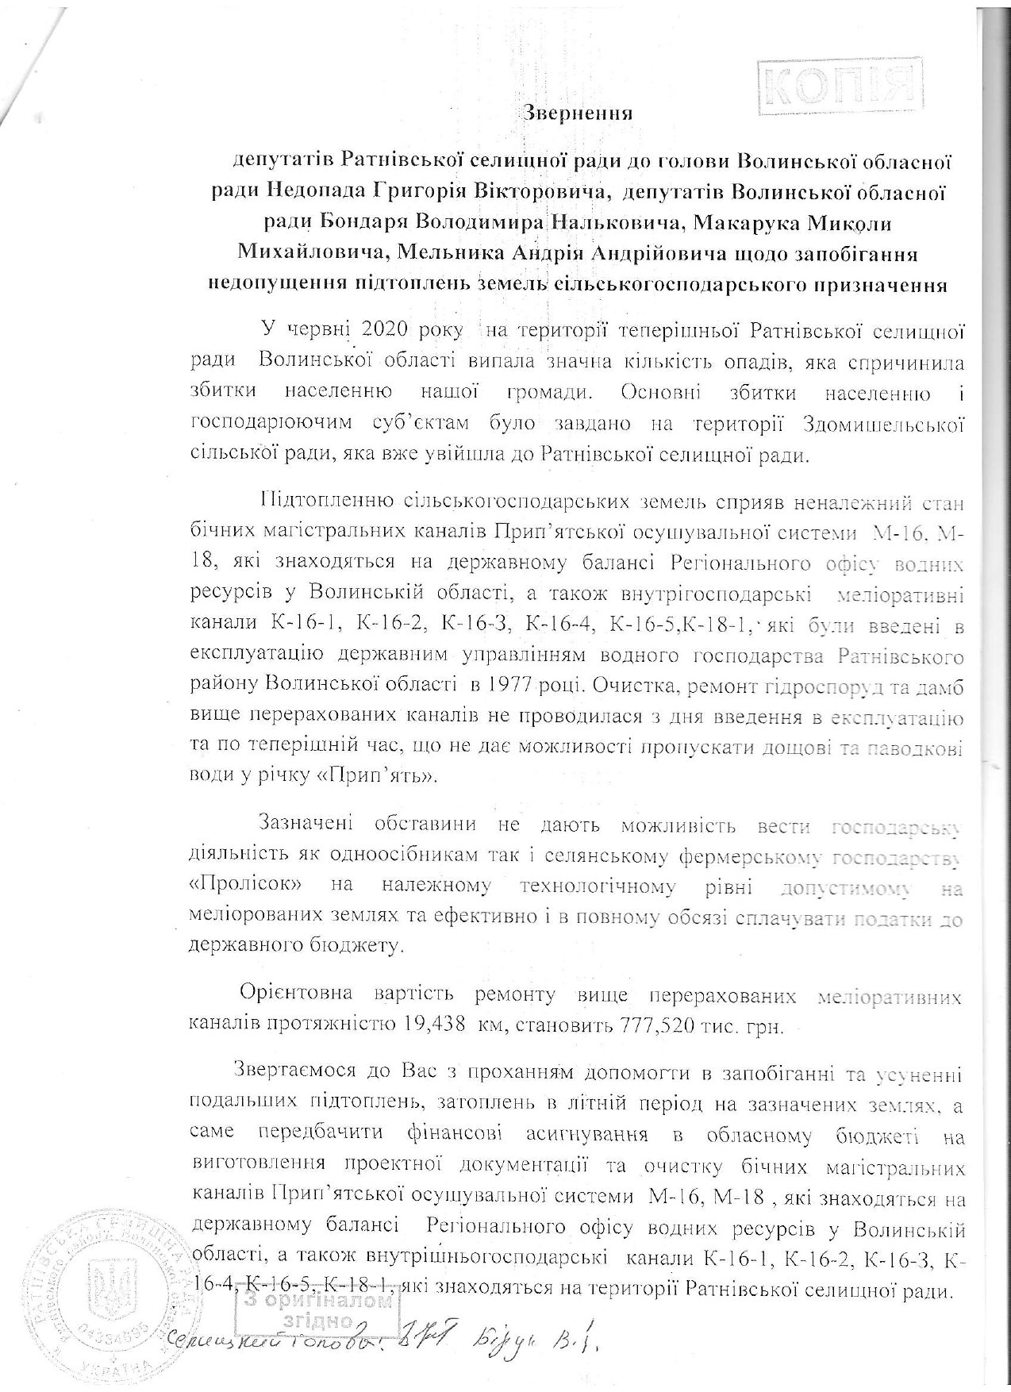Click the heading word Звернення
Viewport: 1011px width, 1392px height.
tap(579, 112)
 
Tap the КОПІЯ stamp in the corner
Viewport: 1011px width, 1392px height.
tap(840, 83)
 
